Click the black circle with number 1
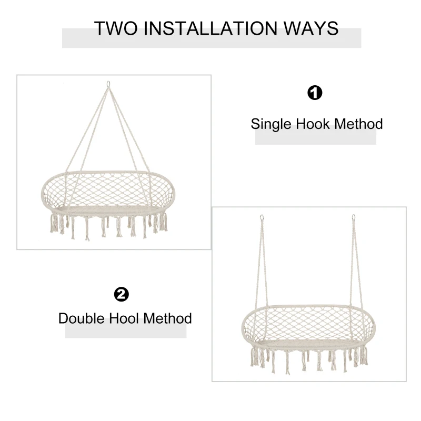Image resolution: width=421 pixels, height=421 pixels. pos(315,93)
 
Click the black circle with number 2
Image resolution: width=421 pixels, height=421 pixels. pos(122,294)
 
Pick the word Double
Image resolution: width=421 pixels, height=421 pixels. pos(82,318)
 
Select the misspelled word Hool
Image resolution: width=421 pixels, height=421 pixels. pos(125,318)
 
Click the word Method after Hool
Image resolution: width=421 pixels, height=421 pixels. pos(168,318)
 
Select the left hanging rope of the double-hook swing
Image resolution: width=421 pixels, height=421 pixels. pos(263,263)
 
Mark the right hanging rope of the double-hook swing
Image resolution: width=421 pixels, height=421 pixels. pos(356,263)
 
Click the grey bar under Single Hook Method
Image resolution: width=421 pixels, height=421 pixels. pos(316,139)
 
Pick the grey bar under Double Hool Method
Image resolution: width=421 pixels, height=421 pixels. pos(126,332)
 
